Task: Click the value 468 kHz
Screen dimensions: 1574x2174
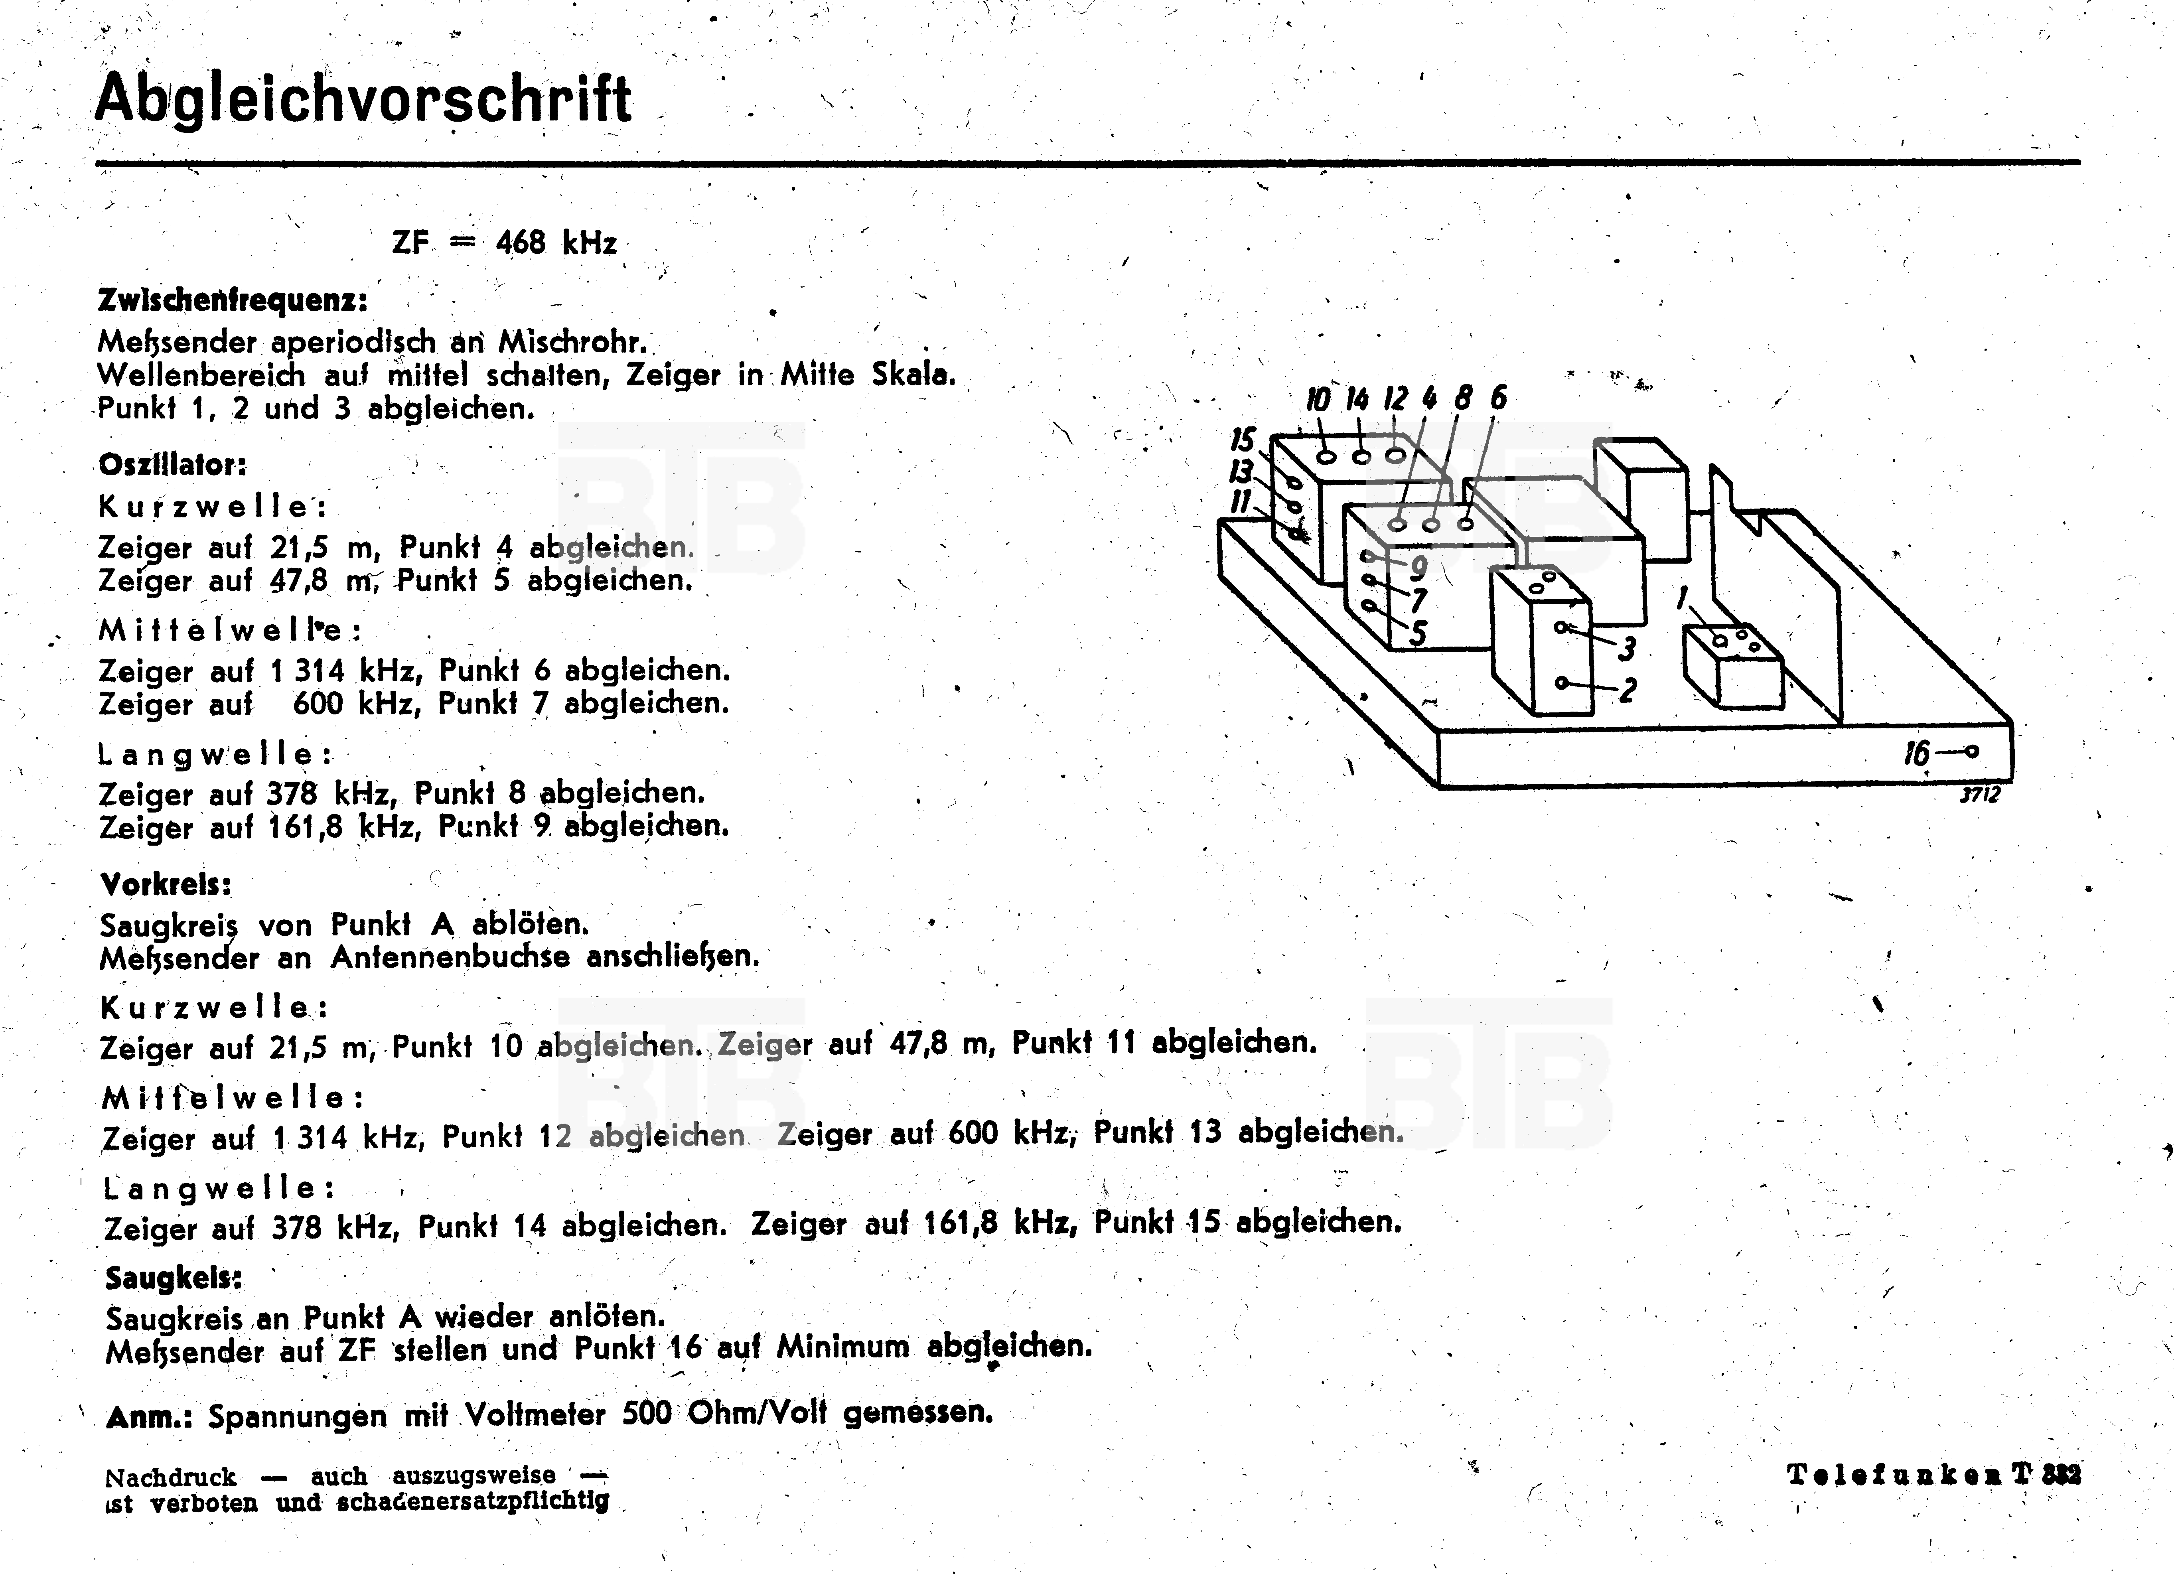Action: point(556,243)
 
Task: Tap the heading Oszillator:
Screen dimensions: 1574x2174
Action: point(173,465)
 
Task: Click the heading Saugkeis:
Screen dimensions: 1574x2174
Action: point(174,1278)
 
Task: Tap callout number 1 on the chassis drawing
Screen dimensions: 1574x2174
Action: point(1681,599)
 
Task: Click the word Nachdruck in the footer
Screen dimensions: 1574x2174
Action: point(171,1477)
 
